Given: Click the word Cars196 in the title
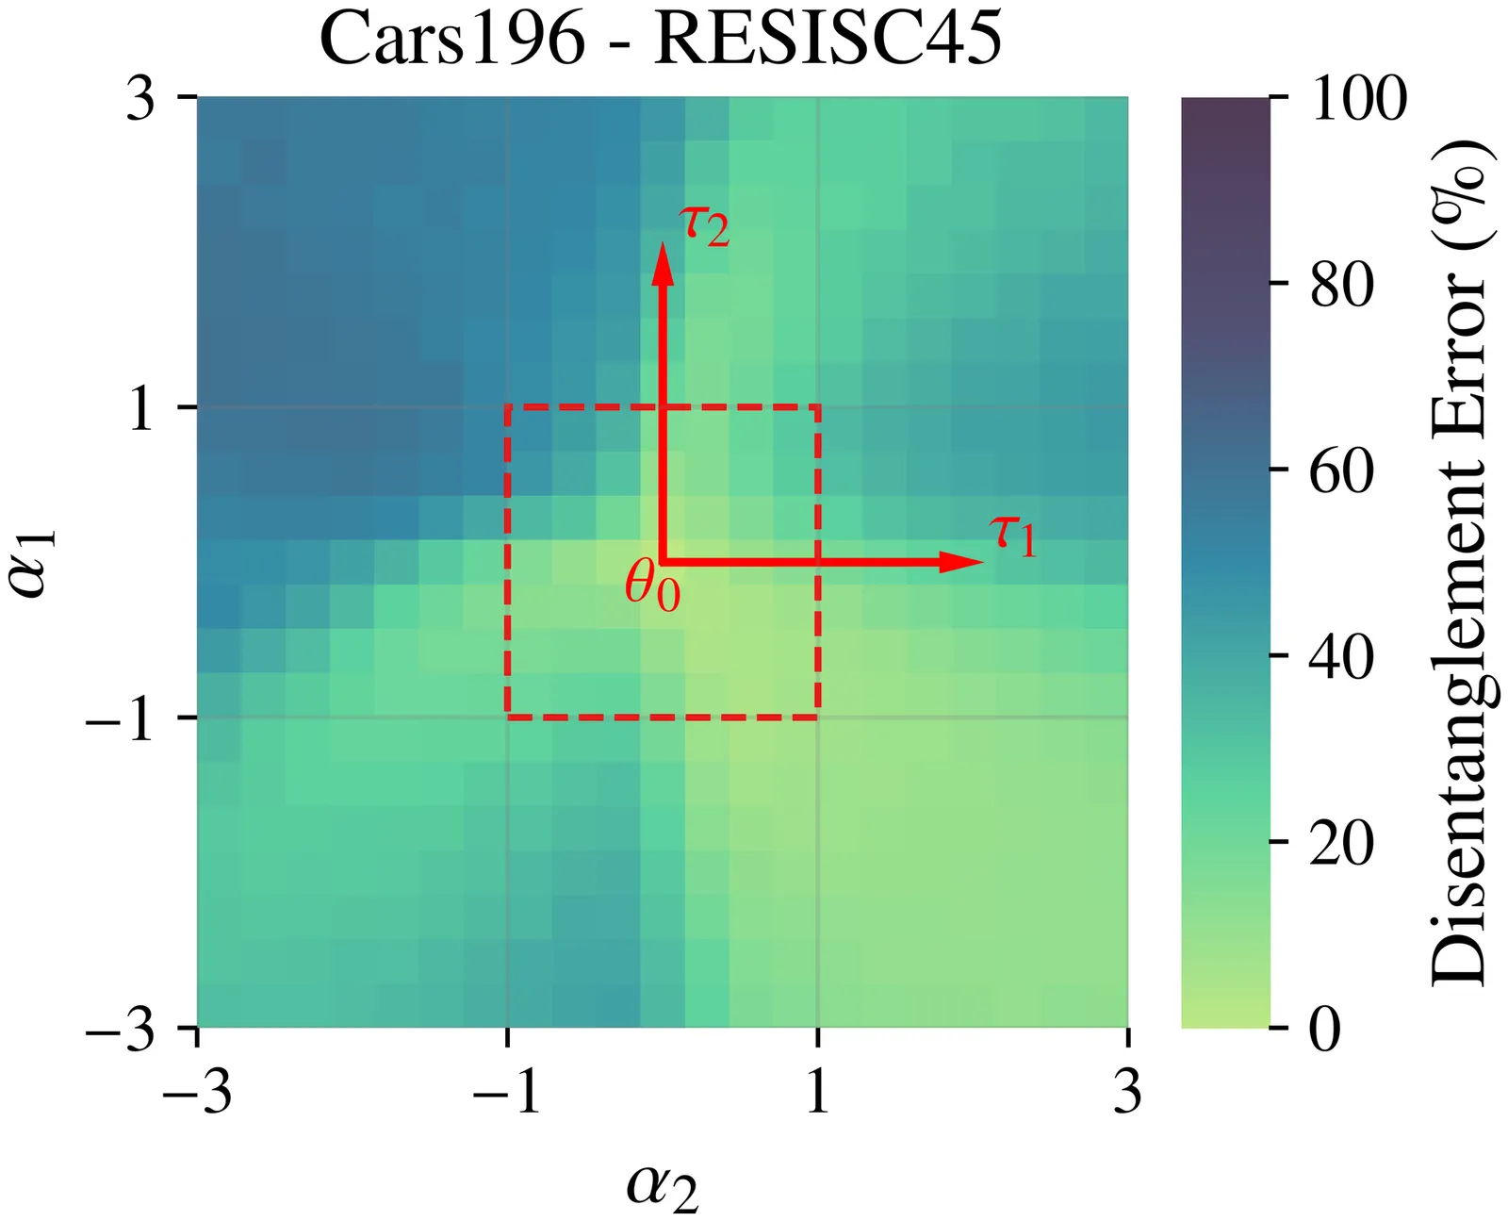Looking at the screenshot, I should point(452,40).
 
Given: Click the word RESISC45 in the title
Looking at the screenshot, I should point(828,40).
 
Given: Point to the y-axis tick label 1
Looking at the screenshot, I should point(141,409).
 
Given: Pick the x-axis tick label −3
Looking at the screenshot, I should point(197,1094).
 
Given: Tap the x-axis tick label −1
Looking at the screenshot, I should point(507,1094).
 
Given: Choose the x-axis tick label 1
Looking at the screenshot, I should point(817,1094).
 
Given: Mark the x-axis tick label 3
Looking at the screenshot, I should point(1127,1094).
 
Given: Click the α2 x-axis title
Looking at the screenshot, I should point(663,1187).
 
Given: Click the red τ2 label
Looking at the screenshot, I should point(704,226).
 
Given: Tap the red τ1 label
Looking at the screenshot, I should point(1013,536).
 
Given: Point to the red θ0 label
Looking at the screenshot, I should point(652,588).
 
